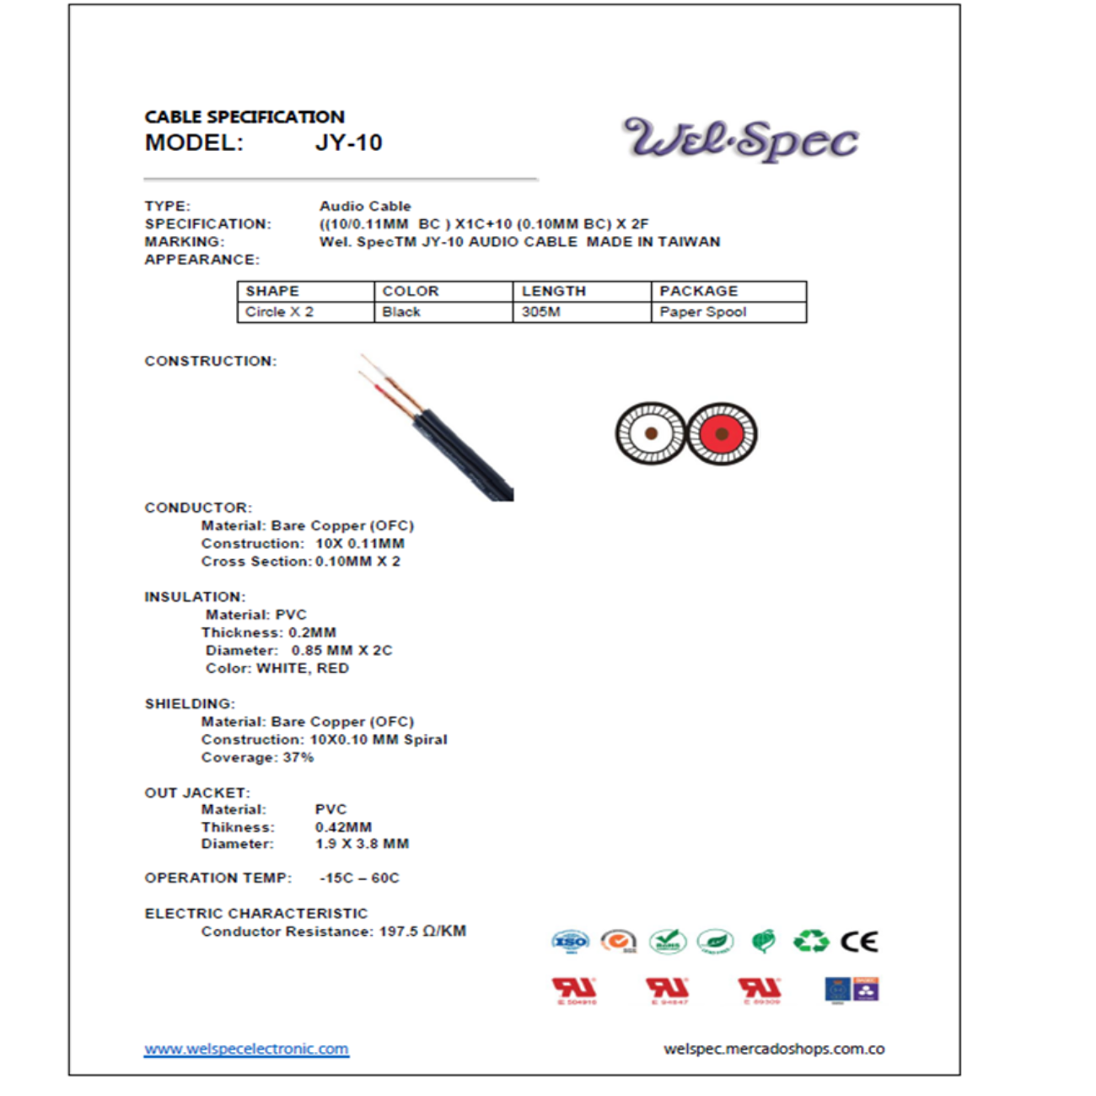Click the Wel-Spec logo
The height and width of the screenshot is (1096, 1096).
740,139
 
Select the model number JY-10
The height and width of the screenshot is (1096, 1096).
348,142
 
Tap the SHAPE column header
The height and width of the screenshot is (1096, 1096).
272,291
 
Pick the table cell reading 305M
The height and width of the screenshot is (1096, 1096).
540,312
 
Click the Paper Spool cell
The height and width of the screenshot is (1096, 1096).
702,312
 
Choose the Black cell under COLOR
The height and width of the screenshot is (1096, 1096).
400,312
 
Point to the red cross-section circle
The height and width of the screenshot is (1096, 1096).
722,433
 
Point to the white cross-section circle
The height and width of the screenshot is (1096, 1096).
651,433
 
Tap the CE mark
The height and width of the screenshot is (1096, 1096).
859,941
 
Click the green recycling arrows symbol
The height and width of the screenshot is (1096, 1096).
811,941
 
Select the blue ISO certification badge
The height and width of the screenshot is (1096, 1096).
570,941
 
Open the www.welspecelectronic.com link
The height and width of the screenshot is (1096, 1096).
246,1049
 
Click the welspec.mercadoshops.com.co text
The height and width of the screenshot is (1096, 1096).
774,1049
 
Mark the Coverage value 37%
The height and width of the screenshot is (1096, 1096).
298,757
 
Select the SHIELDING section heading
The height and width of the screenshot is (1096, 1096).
190,703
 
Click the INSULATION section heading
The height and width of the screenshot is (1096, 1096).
195,597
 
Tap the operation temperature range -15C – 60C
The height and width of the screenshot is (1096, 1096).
359,878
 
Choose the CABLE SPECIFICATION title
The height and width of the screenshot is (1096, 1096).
244,116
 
